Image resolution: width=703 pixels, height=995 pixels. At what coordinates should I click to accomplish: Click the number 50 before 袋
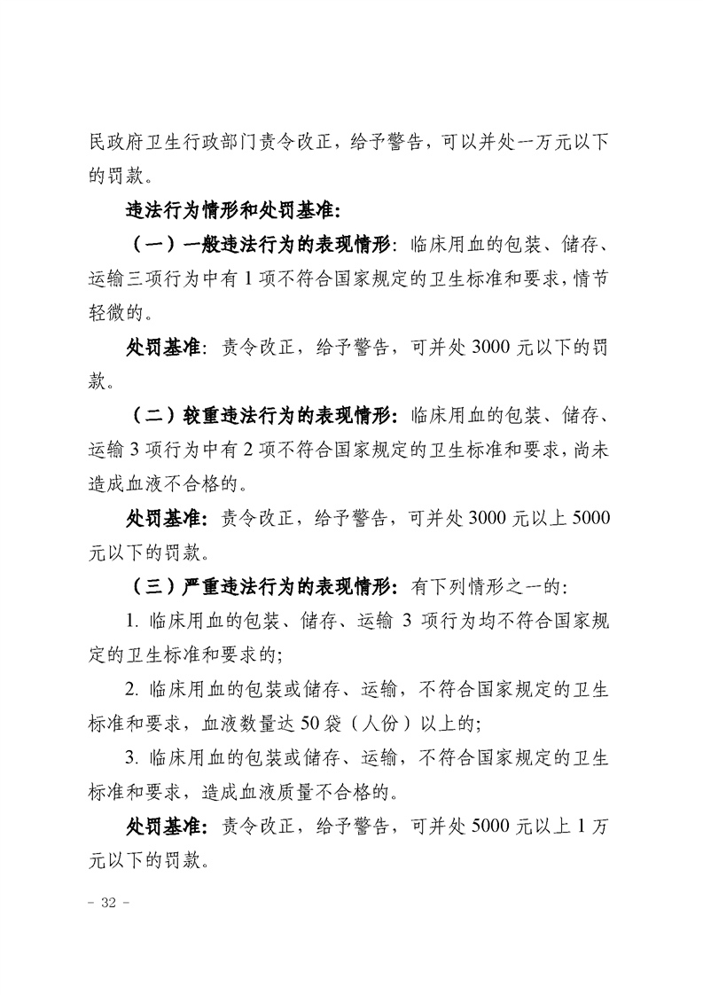click(x=296, y=723)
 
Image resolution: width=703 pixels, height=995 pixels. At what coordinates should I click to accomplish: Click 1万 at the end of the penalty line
click(x=592, y=825)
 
